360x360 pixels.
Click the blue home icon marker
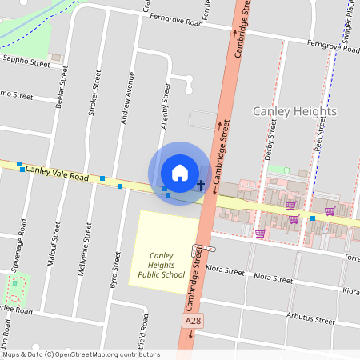tap(180, 173)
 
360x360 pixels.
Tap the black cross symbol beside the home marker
tap(200, 186)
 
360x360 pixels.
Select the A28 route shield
tap(191, 321)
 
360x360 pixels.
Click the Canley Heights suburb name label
tap(294, 111)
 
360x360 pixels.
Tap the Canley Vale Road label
tap(56, 171)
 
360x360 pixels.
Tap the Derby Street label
tap(270, 137)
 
